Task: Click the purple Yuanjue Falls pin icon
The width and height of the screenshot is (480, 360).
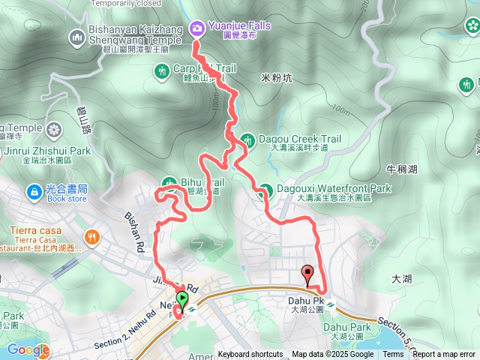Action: [197, 28]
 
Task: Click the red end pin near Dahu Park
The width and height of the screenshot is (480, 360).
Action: [307, 274]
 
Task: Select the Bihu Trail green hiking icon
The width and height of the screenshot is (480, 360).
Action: [169, 182]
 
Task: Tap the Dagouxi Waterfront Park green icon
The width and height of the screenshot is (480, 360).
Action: [263, 193]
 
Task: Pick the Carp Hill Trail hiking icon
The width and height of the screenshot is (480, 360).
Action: [162, 71]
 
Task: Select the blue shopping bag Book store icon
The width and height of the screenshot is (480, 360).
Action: [34, 192]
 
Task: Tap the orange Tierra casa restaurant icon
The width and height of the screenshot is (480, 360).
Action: [91, 238]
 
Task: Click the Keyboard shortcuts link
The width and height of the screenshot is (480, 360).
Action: [250, 355]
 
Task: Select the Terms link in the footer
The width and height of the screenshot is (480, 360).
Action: [393, 355]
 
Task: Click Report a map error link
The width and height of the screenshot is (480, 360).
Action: [444, 355]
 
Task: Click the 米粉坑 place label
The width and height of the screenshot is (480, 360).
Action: [276, 77]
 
